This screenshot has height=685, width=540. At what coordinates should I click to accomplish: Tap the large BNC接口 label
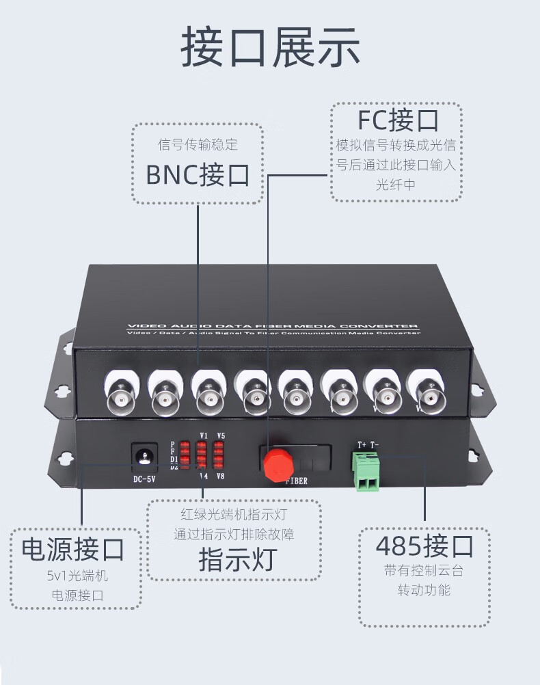coord(198,175)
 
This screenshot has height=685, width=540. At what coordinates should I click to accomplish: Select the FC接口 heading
coord(397,120)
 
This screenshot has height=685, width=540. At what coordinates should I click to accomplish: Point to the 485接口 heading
coord(424,547)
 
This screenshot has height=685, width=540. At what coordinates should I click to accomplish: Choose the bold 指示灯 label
coord(236,559)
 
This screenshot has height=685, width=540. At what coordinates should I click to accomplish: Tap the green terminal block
coord(367,472)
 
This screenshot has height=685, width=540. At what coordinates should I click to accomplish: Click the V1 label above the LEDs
coord(203,435)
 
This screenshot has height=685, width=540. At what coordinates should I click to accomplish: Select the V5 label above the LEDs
coord(220,435)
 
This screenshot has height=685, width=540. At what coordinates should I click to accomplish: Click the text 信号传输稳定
coord(198,145)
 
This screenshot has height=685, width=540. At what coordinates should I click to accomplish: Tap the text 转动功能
coord(424,589)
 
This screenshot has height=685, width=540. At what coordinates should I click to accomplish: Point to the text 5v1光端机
coord(77,576)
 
